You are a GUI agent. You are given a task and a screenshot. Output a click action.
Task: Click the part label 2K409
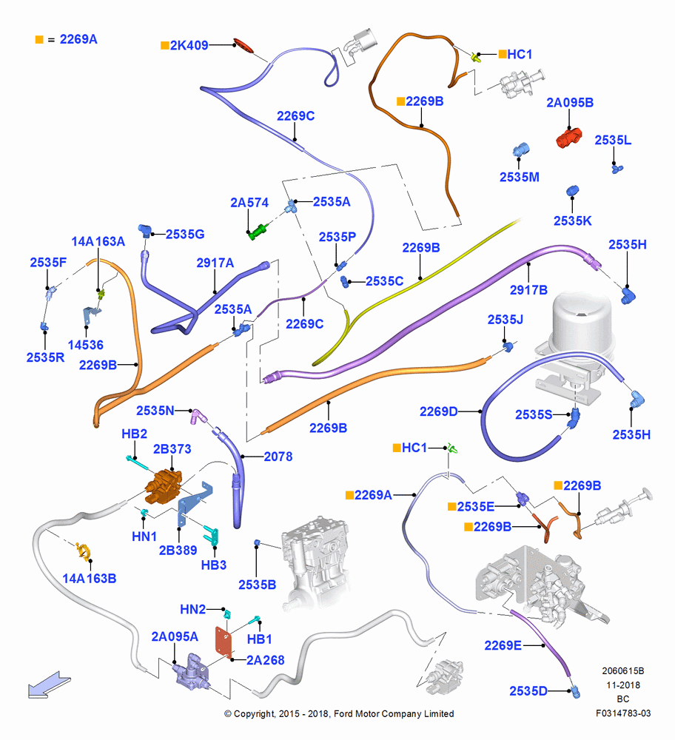coord(189,45)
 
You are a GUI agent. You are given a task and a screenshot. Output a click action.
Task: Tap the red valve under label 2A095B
coord(568,138)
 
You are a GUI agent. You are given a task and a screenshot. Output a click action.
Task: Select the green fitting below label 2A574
coord(258,232)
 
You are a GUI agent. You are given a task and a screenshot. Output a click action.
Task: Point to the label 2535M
coord(520,177)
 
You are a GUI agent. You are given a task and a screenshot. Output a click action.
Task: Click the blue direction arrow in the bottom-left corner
coord(49,685)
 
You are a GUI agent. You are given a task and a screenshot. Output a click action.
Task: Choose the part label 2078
coord(278,457)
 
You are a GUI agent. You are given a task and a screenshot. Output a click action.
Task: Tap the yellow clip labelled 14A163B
coord(84,551)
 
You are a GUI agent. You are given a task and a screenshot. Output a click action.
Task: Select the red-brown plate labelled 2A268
coord(224,641)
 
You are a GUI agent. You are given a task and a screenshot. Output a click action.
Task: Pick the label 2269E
coord(503,645)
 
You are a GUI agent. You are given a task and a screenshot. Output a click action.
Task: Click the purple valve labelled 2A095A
coord(191,672)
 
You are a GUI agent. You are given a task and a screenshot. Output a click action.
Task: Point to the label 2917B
coord(528,290)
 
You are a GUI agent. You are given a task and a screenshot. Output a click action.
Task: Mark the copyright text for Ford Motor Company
coord(339,713)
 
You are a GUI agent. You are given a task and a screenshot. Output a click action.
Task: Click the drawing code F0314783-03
coord(623,713)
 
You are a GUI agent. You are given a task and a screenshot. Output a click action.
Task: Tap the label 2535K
coord(572,221)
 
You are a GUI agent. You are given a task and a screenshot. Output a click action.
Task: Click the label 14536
coord(85,345)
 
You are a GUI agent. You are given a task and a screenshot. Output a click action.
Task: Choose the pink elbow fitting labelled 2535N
coord(198,416)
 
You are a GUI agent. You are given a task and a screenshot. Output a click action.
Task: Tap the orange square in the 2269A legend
coord(39,40)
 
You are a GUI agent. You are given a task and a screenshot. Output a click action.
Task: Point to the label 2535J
coord(505,320)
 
